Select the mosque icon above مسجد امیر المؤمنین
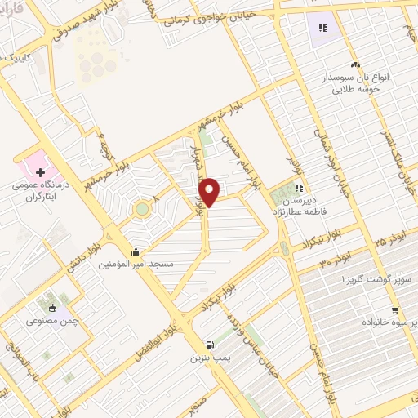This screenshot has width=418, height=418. pos(135,252)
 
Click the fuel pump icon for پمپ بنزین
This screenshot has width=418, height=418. pos(211,344)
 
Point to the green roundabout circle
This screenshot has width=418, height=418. pos(143,210)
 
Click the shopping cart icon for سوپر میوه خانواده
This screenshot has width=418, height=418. pos(396,309)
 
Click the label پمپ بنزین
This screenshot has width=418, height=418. pos(207,358)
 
